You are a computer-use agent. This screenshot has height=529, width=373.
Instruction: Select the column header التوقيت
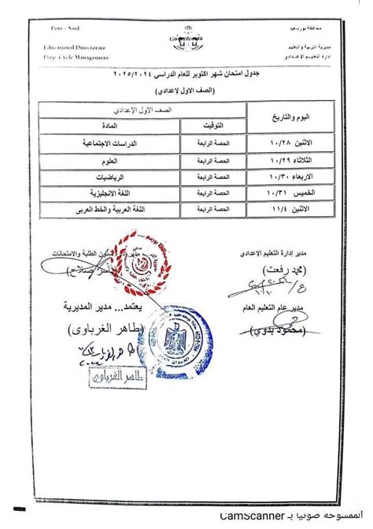click(206, 125)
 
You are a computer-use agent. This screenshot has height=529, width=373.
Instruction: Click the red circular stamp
click(141, 266)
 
